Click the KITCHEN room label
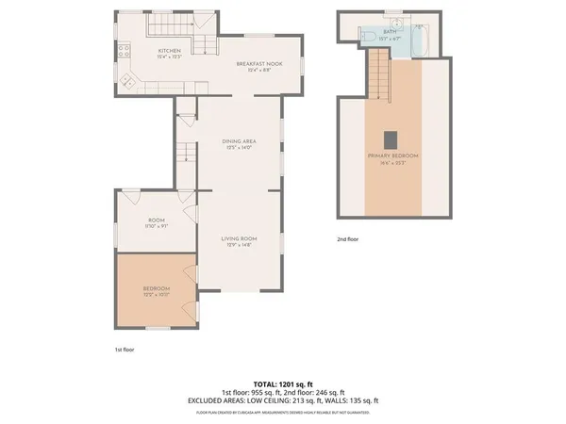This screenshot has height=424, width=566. (x=170, y=51)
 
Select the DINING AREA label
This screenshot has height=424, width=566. (x=240, y=142)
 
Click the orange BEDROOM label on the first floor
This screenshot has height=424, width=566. (x=157, y=288)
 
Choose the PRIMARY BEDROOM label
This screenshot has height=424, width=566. (x=393, y=155)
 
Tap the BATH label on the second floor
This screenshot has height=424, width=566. (x=391, y=32)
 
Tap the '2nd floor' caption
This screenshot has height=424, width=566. (x=348, y=239)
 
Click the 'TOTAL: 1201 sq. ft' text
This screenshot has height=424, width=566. (x=283, y=383)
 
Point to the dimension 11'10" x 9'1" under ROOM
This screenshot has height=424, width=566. (x=157, y=225)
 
